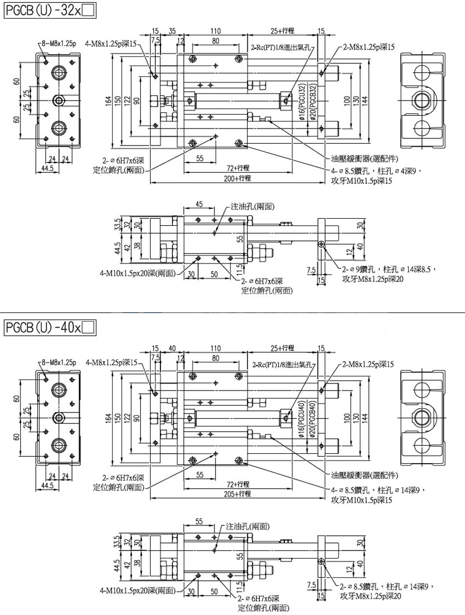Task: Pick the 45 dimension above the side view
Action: (199, 205)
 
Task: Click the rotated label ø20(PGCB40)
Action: (312, 419)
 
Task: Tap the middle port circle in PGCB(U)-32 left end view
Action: (58, 101)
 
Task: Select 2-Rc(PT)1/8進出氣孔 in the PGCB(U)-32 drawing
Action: (281, 48)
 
